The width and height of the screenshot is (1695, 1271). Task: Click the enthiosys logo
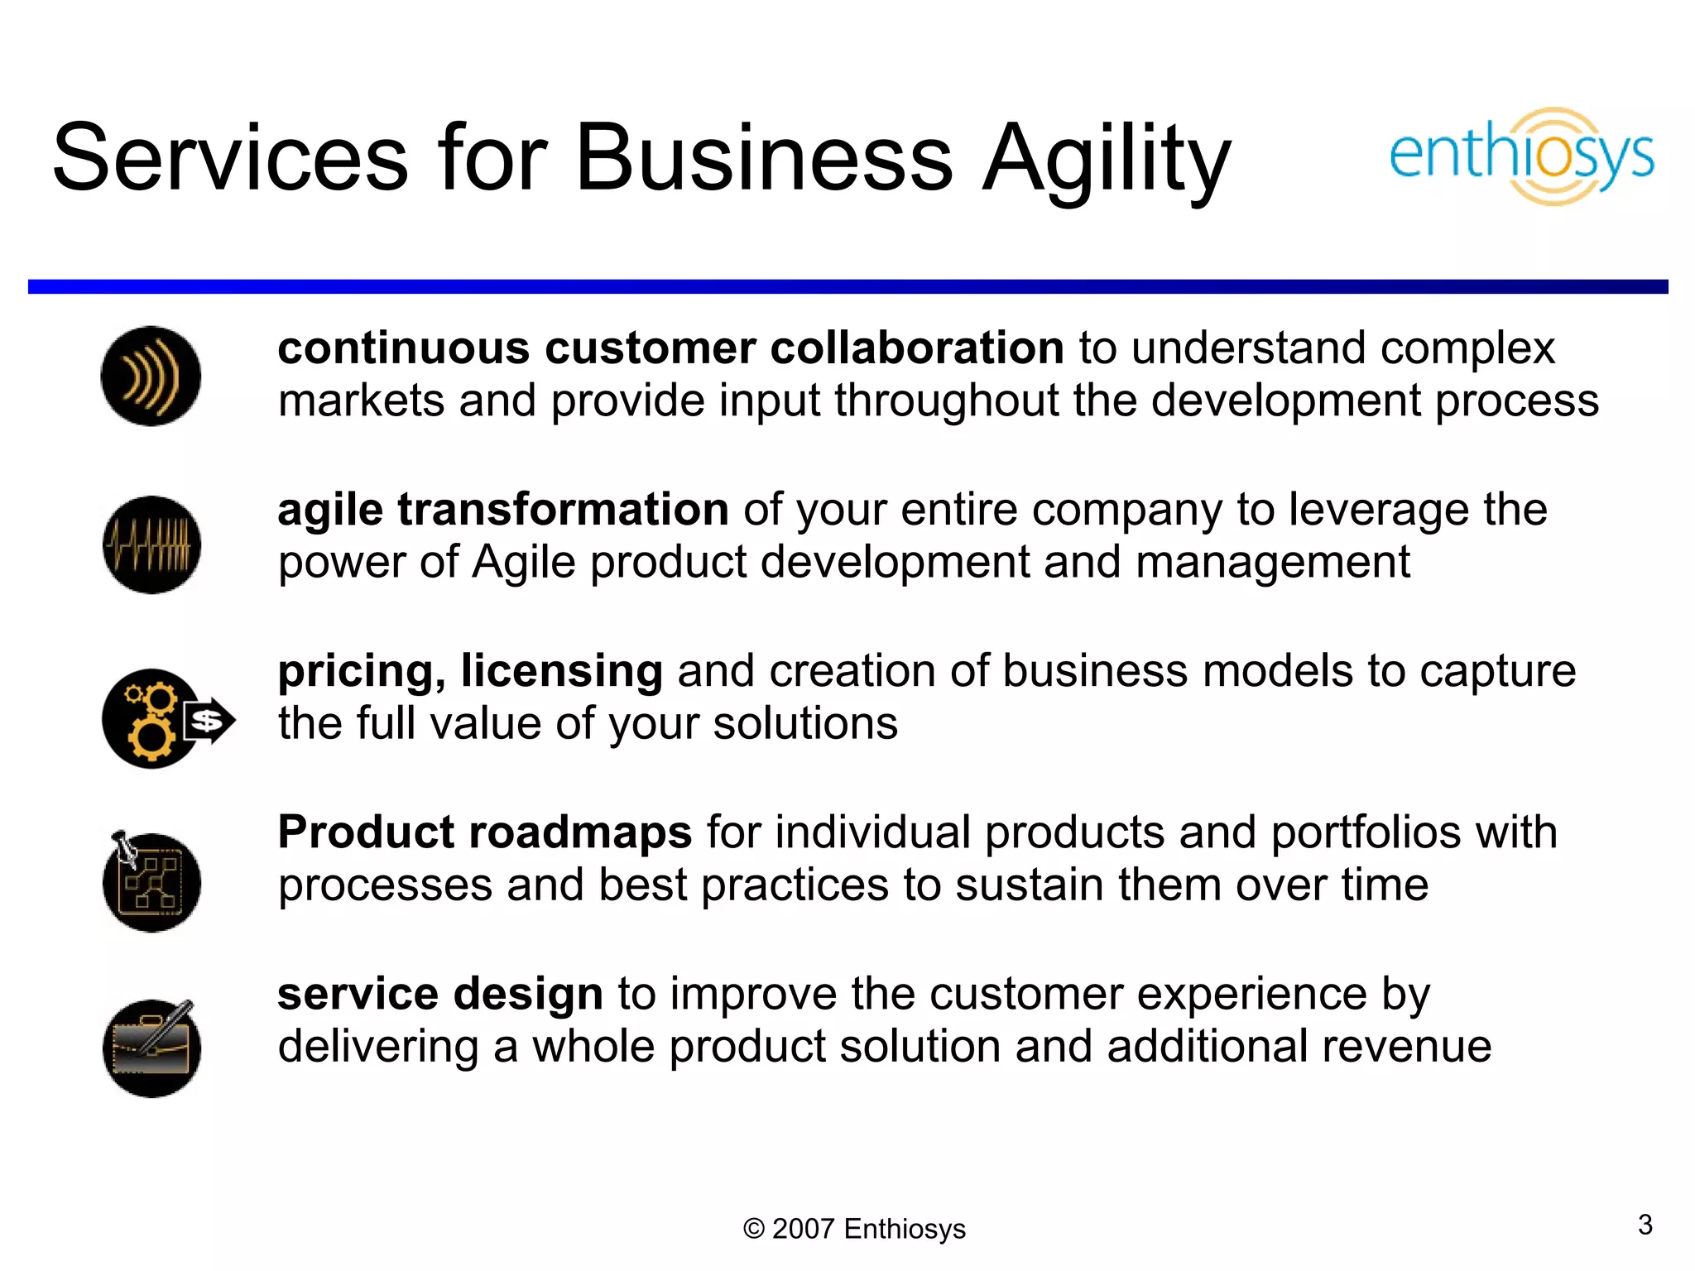1521,156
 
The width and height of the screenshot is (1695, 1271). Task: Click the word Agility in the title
1107,159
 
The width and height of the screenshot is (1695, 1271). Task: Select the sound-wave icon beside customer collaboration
151,377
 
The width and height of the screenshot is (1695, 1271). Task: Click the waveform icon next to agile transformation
151,544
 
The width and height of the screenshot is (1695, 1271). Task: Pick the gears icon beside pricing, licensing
151,718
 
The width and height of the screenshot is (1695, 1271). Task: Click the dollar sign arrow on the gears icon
209,721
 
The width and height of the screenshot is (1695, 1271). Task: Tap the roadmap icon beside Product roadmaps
151,882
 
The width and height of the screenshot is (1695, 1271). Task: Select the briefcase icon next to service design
151,1048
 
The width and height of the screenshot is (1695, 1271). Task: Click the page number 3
1645,1225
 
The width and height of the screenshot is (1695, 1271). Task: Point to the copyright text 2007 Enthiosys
854,1229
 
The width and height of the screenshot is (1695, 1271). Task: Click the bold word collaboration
917,348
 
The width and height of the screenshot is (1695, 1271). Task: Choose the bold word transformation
563,509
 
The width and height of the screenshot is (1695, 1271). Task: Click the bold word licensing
562,670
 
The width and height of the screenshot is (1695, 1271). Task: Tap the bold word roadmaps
580,832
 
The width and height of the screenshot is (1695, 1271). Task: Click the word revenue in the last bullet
1406,1046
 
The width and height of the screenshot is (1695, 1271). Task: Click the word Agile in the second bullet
524,562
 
